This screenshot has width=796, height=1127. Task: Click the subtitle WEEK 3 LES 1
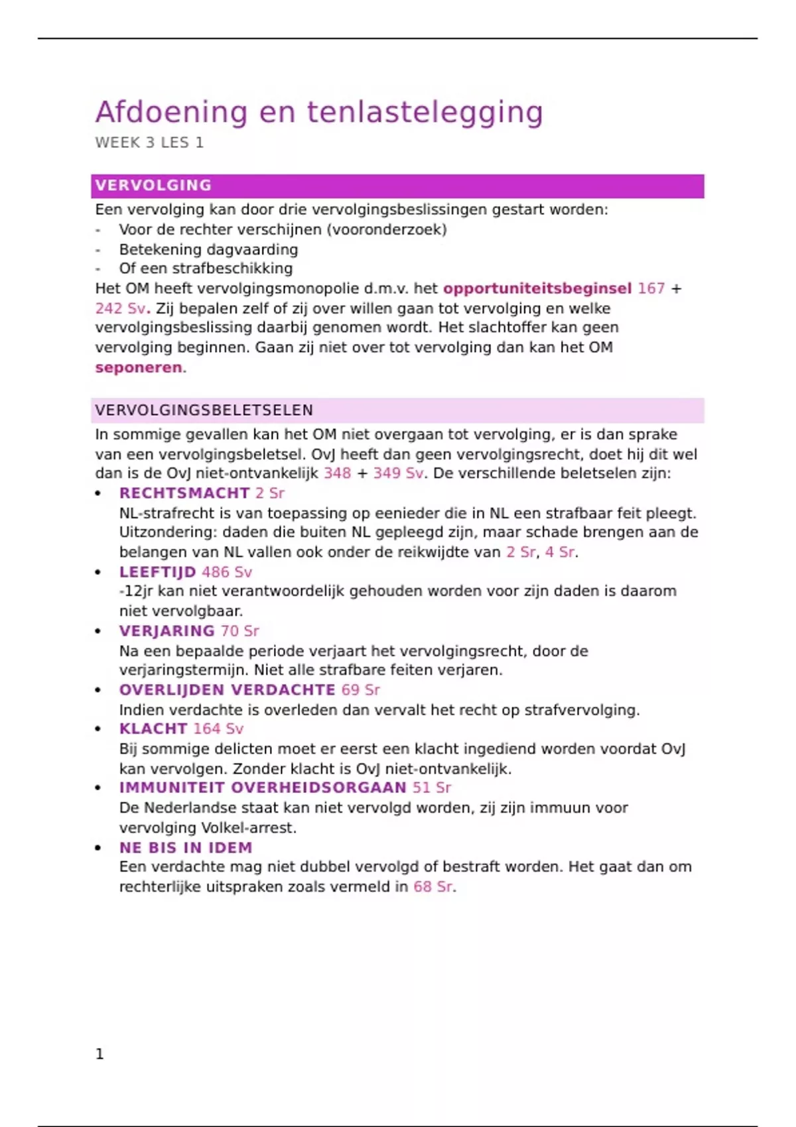[149, 143]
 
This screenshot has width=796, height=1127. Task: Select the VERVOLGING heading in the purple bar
[153, 186]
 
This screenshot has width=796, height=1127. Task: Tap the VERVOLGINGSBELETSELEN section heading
[204, 410]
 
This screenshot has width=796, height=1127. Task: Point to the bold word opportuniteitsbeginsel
[537, 289]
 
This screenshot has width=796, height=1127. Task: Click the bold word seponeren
[138, 368]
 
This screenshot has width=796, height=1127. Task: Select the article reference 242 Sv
[120, 309]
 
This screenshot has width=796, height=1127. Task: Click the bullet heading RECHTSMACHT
[184, 493]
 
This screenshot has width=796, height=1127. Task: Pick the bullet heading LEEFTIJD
[157, 572]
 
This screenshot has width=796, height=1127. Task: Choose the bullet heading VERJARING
[166, 631]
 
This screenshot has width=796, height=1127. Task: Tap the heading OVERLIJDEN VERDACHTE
[227, 690]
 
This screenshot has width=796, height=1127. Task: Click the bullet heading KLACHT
[153, 729]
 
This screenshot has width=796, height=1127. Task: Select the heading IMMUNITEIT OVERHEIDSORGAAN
[263, 788]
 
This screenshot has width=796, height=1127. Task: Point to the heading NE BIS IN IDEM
[186, 848]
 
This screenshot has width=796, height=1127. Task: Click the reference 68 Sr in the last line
[434, 887]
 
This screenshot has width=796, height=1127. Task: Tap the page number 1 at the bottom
[99, 1054]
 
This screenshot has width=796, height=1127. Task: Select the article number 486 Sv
[227, 572]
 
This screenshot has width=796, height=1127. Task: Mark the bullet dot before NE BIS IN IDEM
[98, 848]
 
